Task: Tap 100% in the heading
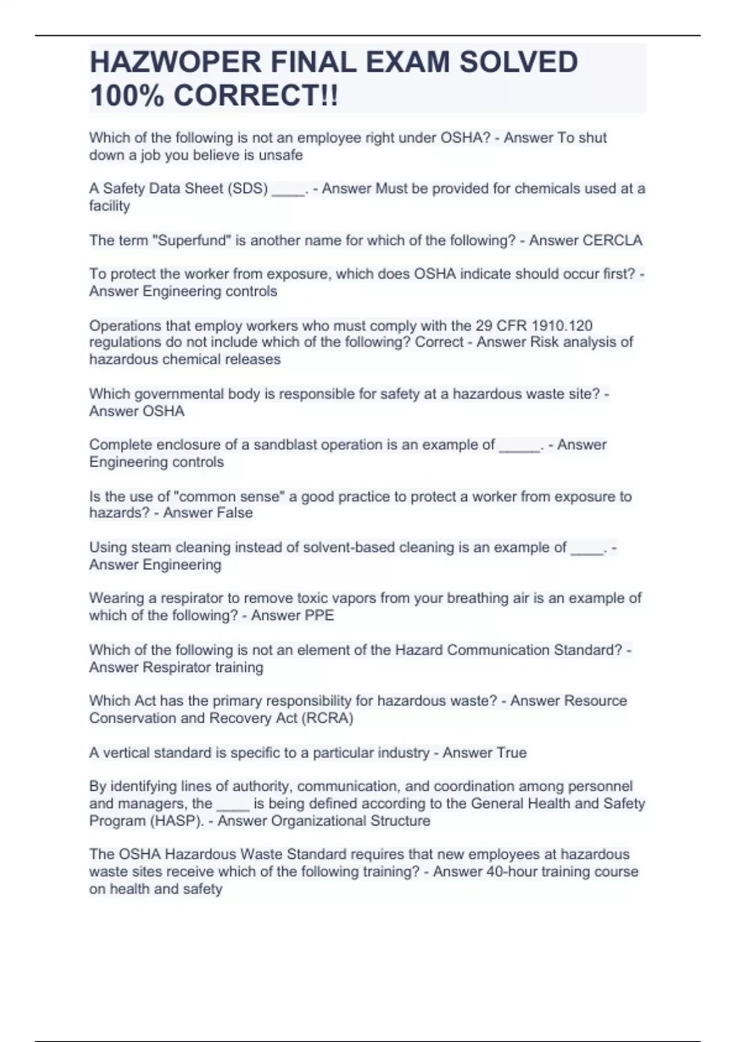126,96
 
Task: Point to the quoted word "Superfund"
191,240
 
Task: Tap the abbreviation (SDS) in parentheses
248,189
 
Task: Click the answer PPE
319,615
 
